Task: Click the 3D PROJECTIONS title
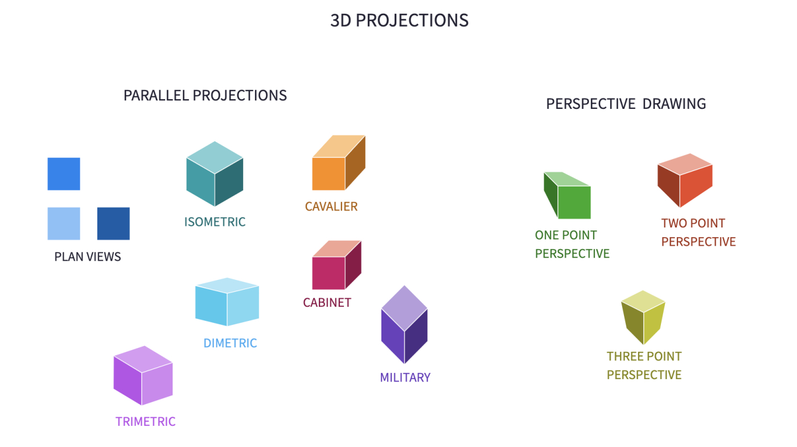(x=399, y=21)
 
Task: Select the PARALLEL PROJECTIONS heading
(x=205, y=95)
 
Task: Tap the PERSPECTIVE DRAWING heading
(x=626, y=104)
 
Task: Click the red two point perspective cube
(x=685, y=181)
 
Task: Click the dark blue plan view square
(x=113, y=223)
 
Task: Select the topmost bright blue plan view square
(x=64, y=174)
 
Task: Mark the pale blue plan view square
(x=64, y=223)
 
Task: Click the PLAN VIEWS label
(x=88, y=257)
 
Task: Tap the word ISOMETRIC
(x=215, y=222)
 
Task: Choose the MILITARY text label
(x=405, y=377)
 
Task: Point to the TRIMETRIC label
(x=145, y=422)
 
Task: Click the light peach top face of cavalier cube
(x=339, y=146)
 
